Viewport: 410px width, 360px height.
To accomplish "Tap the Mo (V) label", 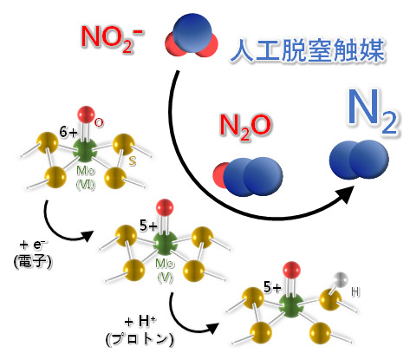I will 165,265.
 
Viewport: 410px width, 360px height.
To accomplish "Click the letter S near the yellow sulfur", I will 131,161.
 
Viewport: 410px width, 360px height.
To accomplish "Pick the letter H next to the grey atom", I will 355,293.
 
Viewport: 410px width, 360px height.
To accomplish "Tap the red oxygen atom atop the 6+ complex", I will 85,114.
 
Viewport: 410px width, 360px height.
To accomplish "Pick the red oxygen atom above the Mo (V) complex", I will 164,208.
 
